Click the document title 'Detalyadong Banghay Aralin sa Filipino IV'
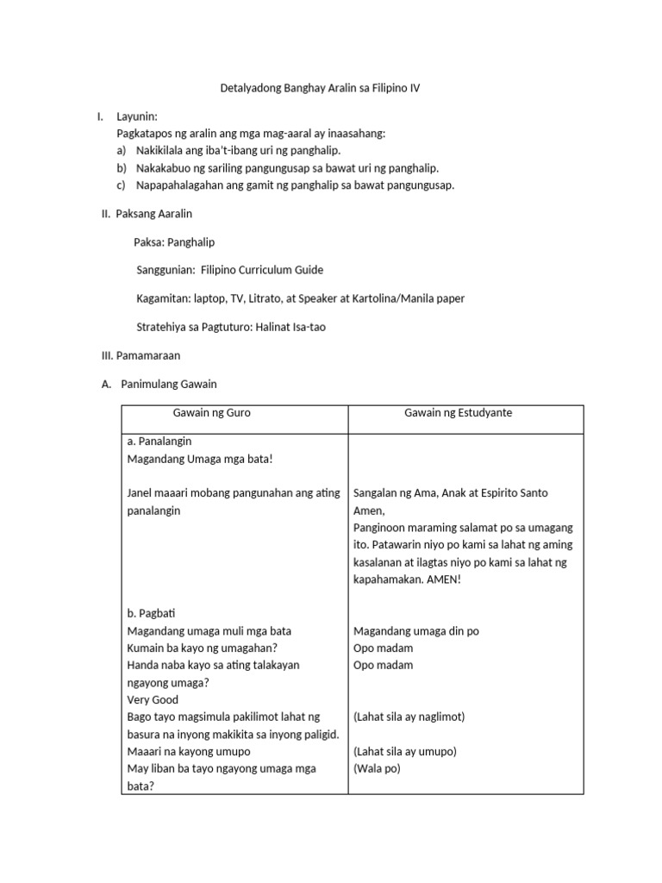(x=330, y=89)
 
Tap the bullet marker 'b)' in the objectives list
(x=122, y=168)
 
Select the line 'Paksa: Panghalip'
(x=174, y=242)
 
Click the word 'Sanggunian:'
(x=165, y=270)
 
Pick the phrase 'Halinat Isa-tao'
(x=290, y=327)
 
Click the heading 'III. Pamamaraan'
(x=141, y=355)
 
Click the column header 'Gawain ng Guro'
(x=212, y=413)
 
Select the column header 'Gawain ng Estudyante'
(x=458, y=413)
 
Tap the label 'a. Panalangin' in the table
(x=159, y=441)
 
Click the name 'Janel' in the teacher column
(x=140, y=493)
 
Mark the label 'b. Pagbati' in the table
(x=151, y=614)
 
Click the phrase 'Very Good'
(x=153, y=700)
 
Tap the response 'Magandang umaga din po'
(x=416, y=631)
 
